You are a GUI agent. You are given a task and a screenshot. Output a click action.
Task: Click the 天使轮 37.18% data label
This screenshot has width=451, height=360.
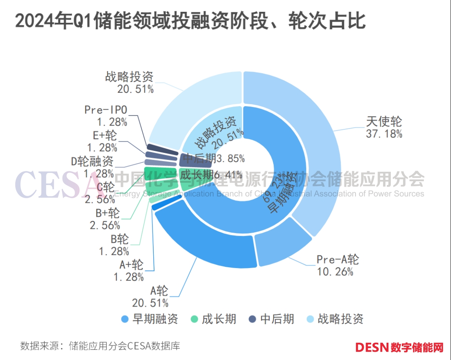(x=384, y=127)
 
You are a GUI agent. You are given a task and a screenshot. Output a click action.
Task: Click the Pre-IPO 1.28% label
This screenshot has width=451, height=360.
(x=106, y=116)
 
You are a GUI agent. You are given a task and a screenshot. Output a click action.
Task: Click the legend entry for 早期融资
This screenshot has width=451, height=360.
(x=150, y=319)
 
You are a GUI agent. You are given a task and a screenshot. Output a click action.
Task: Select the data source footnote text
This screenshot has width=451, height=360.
(x=100, y=346)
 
